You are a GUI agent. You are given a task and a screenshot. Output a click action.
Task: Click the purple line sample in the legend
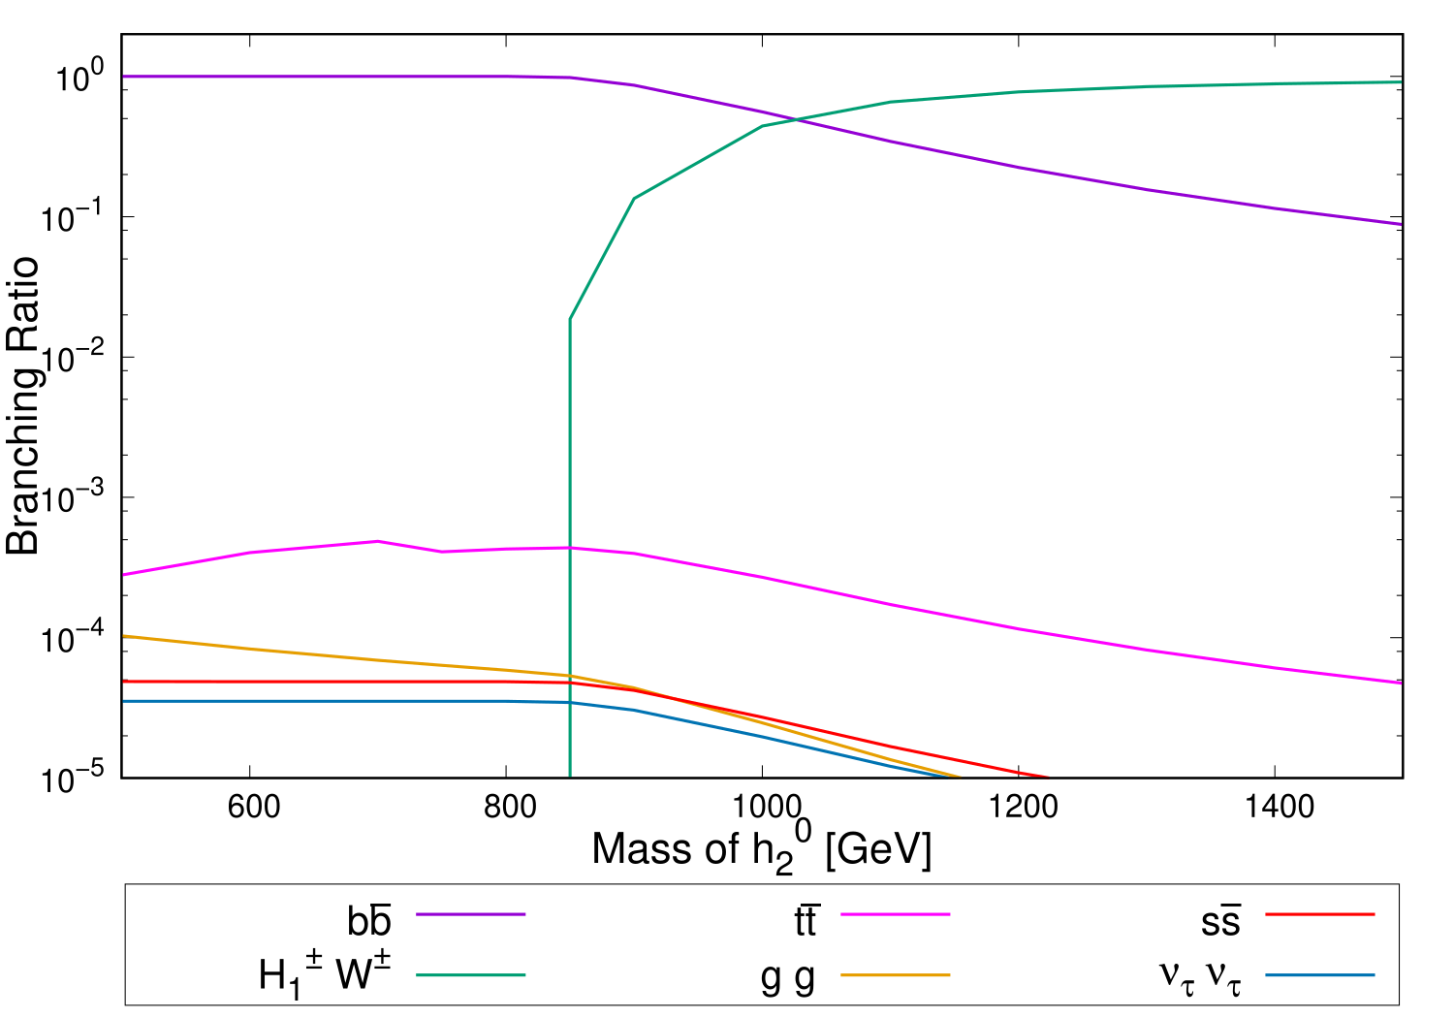pyautogui.click(x=471, y=914)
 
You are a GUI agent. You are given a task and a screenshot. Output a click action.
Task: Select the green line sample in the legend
pyautogui.click(x=471, y=975)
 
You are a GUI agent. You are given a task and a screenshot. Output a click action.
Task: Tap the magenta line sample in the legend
pyautogui.click(x=896, y=914)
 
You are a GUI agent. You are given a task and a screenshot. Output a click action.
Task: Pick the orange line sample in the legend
pyautogui.click(x=896, y=975)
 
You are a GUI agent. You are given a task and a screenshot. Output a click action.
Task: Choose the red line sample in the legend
pyautogui.click(x=1320, y=914)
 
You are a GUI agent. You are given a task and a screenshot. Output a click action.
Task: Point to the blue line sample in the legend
pyautogui.click(x=1320, y=975)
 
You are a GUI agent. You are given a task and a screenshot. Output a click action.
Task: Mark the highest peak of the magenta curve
pyautogui.click(x=377, y=541)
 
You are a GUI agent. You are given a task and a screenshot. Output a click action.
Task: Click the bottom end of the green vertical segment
pyautogui.click(x=570, y=776)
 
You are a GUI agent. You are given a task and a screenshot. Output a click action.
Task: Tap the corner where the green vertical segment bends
pyautogui.click(x=570, y=318)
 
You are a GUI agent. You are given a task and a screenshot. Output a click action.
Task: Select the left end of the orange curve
pyautogui.click(x=124, y=636)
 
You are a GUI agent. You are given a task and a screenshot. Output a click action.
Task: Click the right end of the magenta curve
pyautogui.click(x=1401, y=683)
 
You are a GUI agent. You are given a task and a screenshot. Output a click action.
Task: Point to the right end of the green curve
pyautogui.click(x=1401, y=82)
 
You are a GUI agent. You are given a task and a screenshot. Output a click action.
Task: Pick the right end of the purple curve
pyautogui.click(x=1401, y=224)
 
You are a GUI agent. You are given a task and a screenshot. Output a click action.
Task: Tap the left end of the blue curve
pyautogui.click(x=124, y=701)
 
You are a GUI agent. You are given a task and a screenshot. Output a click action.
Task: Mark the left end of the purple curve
pyautogui.click(x=124, y=77)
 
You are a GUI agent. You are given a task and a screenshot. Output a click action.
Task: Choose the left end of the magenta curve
pyautogui.click(x=124, y=575)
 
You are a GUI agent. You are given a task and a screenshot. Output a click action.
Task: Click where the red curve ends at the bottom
pyautogui.click(x=1047, y=777)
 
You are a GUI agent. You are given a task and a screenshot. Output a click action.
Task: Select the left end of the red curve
pyautogui.click(x=124, y=682)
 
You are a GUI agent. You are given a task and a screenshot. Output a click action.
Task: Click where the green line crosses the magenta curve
pyautogui.click(x=570, y=548)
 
